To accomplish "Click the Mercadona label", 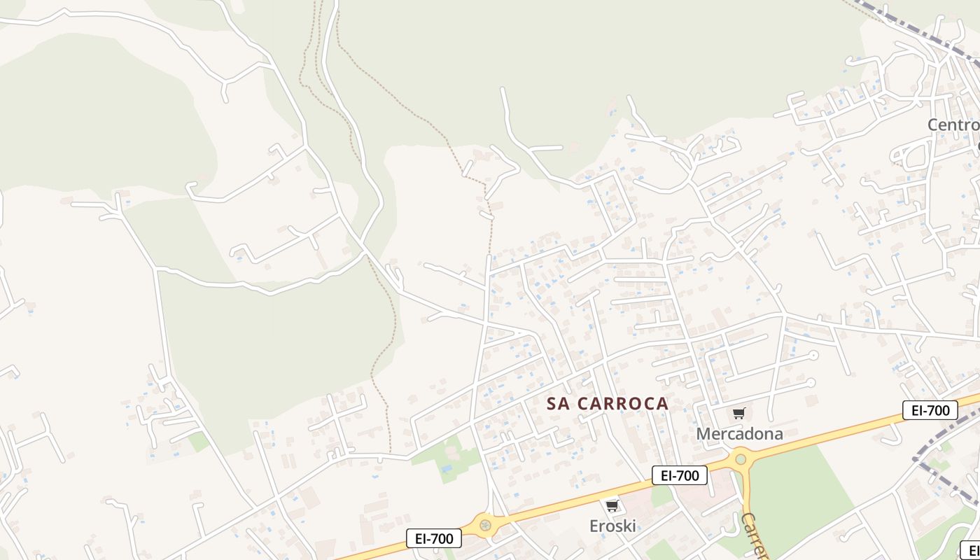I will pos(739,434).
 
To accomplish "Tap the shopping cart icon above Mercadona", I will pos(739,414).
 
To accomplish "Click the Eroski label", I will pos(612,526).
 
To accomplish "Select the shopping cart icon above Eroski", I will pos(612,505).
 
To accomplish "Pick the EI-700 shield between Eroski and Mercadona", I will pos(679,476).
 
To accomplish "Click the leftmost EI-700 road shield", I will pos(434,538).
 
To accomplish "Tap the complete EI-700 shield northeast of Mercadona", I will pos(930,410).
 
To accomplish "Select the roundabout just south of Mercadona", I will pos(741,460).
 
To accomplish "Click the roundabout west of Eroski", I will pos(484,524).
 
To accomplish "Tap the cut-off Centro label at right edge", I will pos(953,125).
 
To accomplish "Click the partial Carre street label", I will pos(755,535).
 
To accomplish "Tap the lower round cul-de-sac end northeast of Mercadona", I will pos(811,382).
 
